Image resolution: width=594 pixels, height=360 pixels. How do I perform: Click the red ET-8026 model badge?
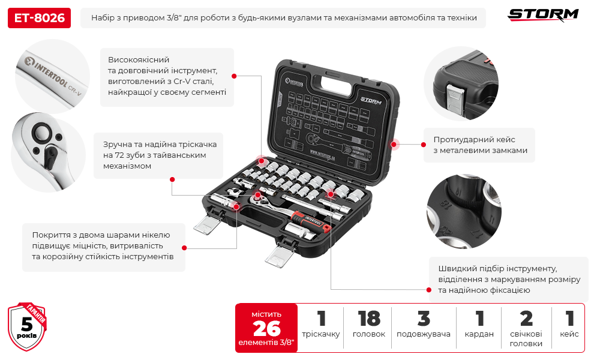click(39, 18)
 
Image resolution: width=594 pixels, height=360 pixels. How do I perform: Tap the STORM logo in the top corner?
click(543, 14)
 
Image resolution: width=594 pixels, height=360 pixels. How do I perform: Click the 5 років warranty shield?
click(27, 327)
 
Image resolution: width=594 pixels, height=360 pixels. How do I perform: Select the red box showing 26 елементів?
click(266, 328)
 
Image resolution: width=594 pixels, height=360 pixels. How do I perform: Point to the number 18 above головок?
click(369, 318)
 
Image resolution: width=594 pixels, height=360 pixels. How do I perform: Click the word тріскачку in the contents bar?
click(321, 334)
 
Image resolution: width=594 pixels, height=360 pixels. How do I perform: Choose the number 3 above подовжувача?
click(424, 318)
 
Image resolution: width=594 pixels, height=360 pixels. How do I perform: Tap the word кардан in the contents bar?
click(479, 334)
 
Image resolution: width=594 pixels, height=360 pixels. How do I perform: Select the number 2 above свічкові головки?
click(526, 318)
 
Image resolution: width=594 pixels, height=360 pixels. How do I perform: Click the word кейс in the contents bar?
click(569, 334)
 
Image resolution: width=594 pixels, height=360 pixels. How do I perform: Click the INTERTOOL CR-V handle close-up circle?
click(48, 73)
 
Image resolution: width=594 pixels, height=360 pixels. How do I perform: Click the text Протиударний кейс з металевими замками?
click(480, 145)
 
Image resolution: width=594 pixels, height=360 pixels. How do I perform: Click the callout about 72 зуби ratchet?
click(158, 155)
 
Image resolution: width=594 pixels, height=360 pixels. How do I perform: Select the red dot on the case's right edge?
click(395, 144)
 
